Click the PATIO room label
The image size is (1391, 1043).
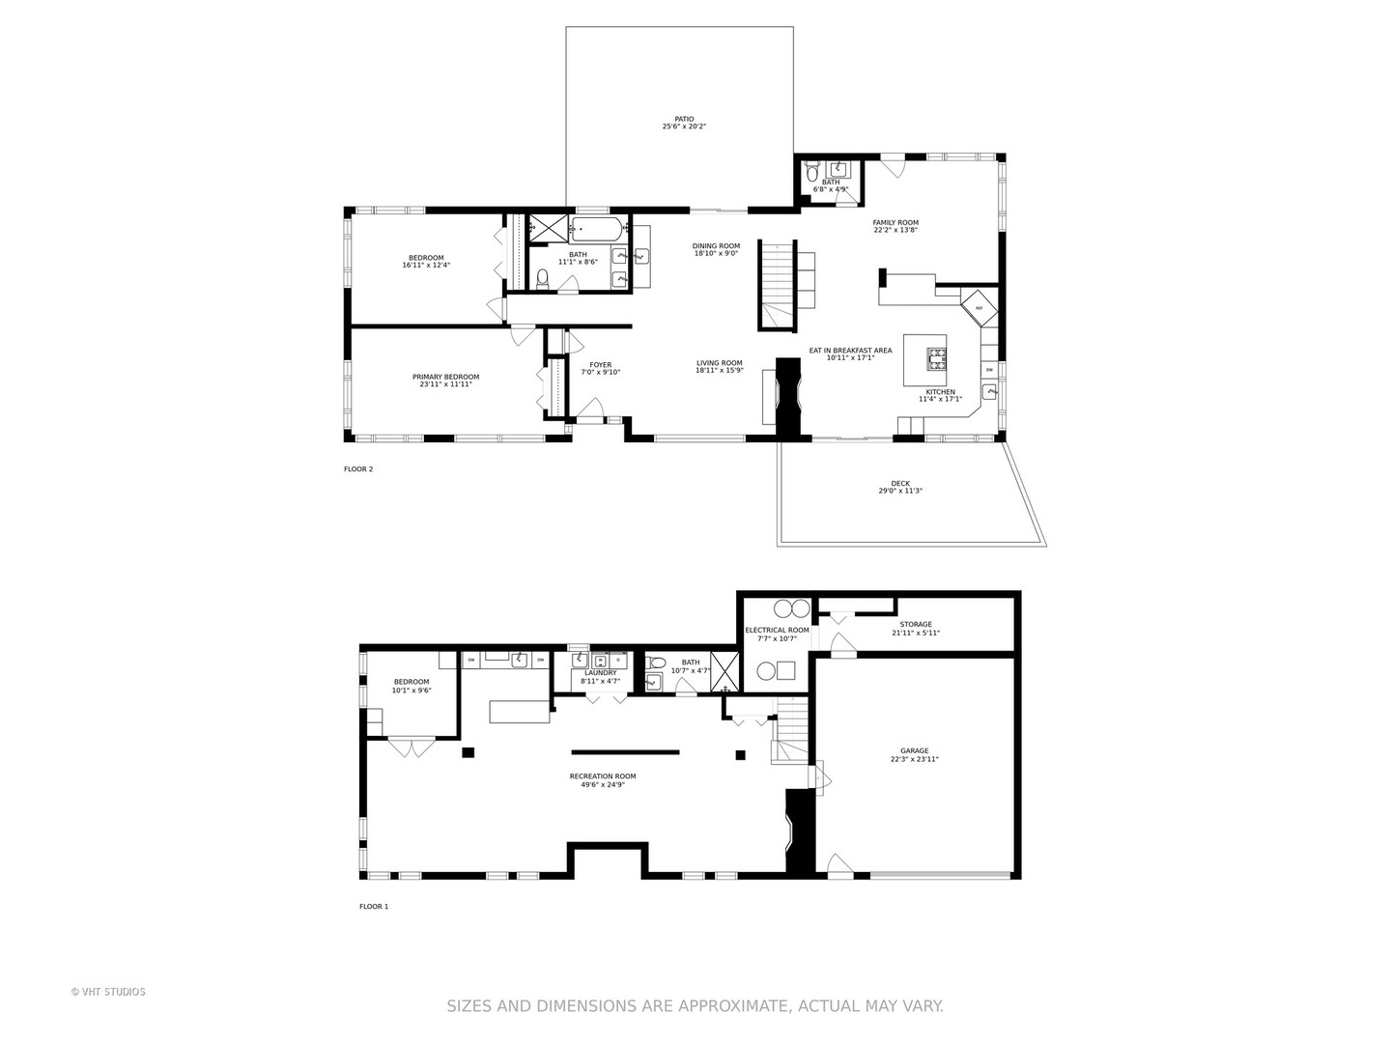[684, 120]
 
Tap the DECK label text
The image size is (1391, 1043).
[899, 484]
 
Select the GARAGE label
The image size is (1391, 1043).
[914, 751]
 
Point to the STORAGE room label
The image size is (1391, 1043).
[915, 625]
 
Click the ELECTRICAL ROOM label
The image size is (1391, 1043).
[777, 631]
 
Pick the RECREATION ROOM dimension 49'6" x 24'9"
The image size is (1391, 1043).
[603, 784]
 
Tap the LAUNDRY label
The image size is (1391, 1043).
[600, 673]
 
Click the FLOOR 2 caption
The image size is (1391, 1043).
[357, 469]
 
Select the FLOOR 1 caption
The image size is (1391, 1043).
[373, 907]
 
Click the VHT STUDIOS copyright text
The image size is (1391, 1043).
[108, 992]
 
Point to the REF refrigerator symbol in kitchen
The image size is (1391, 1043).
[979, 308]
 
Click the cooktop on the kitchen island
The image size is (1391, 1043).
[935, 359]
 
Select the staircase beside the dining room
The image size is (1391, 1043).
[776, 285]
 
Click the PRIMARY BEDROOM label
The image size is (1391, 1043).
[445, 377]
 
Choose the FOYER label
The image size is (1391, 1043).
[600, 365]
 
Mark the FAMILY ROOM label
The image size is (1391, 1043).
[894, 222]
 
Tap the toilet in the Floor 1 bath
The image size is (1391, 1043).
[657, 663]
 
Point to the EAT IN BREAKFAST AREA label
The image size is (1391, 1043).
[850, 351]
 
